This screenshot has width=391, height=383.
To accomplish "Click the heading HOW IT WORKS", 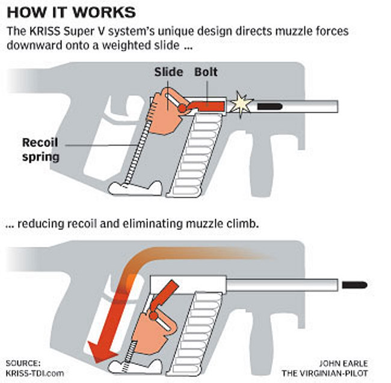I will click(71, 12).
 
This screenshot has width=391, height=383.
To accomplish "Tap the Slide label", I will click(168, 72).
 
